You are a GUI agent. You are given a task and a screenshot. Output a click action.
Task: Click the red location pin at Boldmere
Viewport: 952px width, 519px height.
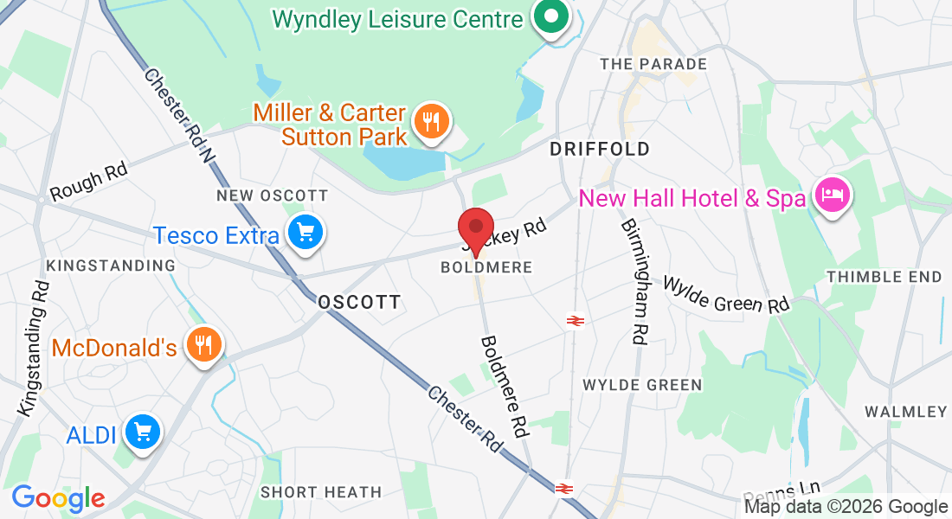tap(475, 228)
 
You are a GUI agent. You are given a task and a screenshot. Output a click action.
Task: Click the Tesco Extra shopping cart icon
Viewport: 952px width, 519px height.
tap(305, 233)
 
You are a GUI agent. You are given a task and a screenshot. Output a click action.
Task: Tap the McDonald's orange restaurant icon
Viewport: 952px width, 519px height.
tap(204, 346)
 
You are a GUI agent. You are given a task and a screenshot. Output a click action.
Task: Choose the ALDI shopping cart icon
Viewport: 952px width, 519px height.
tap(142, 432)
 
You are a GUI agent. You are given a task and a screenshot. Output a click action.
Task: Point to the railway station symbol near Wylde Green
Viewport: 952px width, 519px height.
tap(574, 321)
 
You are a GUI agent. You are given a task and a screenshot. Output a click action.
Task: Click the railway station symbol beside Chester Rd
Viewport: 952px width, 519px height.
tap(564, 489)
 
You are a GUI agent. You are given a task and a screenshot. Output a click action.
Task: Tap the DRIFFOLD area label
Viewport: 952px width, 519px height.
tap(600, 149)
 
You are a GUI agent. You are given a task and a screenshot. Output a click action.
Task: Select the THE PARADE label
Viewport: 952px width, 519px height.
tap(653, 64)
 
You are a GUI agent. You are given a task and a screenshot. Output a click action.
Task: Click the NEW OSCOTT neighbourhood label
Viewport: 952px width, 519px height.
tap(273, 195)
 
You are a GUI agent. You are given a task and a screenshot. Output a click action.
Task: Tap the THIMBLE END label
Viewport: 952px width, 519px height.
tap(884, 277)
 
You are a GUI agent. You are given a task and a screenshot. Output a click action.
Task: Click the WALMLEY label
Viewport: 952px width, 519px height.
tap(906, 411)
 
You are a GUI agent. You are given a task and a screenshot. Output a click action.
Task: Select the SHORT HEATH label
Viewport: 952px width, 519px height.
tap(321, 492)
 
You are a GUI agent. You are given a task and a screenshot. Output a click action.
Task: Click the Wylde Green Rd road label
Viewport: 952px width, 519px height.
tap(727, 294)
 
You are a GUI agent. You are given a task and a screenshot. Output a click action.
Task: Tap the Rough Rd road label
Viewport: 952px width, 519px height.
tap(89, 182)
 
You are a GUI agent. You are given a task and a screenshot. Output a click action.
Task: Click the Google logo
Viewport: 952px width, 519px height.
tap(58, 498)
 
